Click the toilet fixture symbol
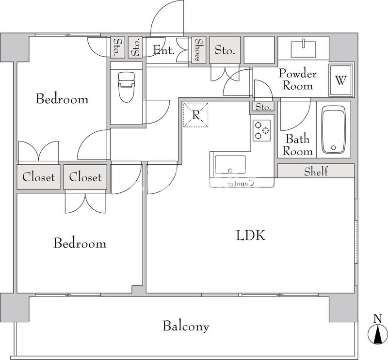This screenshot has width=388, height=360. pyautogui.click(x=127, y=87)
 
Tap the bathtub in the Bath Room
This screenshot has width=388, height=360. pyautogui.click(x=333, y=130)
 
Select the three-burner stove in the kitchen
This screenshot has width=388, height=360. pyautogui.click(x=261, y=130)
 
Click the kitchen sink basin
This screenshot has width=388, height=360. pyautogui.click(x=230, y=164)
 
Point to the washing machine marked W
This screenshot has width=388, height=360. pyautogui.click(x=341, y=80)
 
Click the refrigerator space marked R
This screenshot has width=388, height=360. pyautogui.click(x=195, y=115)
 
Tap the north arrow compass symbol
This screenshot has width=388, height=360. pyautogui.click(x=377, y=333)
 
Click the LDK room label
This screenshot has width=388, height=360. pyautogui.click(x=250, y=235)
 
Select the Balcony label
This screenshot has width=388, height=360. pyautogui.click(x=186, y=326)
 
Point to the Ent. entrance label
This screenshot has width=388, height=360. pyautogui.click(x=163, y=50)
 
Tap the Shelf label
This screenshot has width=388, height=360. pyautogui.click(x=316, y=171)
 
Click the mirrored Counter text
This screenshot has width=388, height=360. pyautogui.click(x=241, y=183)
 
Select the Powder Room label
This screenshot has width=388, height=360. pyautogui.click(x=298, y=79)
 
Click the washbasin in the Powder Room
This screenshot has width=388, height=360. pyautogui.click(x=304, y=49)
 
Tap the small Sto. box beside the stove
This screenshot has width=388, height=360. pyautogui.click(x=263, y=107)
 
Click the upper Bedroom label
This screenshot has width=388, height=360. pyautogui.click(x=62, y=99)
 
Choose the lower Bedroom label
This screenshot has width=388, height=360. pyautogui.click(x=80, y=243)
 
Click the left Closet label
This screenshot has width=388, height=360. pyautogui.click(x=39, y=177)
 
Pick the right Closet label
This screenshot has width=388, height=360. pyautogui.click(x=85, y=177)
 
